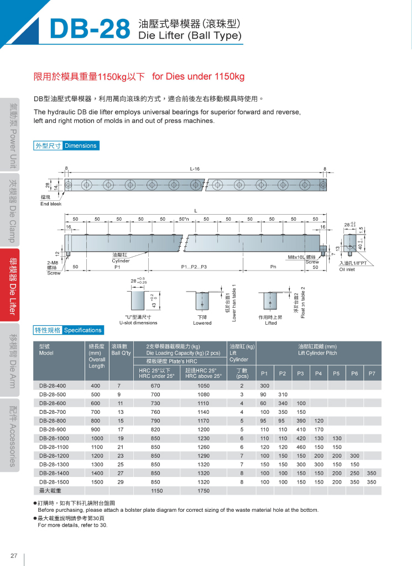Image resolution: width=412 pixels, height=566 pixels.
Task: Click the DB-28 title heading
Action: (x=89, y=28)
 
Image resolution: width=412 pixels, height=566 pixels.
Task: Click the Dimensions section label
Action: (x=80, y=146)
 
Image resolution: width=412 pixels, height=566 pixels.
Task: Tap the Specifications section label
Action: (x=83, y=330)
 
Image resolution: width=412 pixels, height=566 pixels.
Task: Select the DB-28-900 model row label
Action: (x=53, y=429)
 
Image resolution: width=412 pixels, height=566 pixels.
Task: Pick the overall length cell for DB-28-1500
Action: (x=96, y=482)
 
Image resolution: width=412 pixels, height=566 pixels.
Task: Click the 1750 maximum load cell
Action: (x=204, y=491)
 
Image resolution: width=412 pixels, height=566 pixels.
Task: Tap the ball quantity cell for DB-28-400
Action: (x=119, y=386)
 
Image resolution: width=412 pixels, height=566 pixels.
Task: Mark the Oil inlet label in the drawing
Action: (x=350, y=269)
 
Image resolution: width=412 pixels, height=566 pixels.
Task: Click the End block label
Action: (x=50, y=204)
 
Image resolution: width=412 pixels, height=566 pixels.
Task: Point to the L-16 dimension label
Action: (x=195, y=169)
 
